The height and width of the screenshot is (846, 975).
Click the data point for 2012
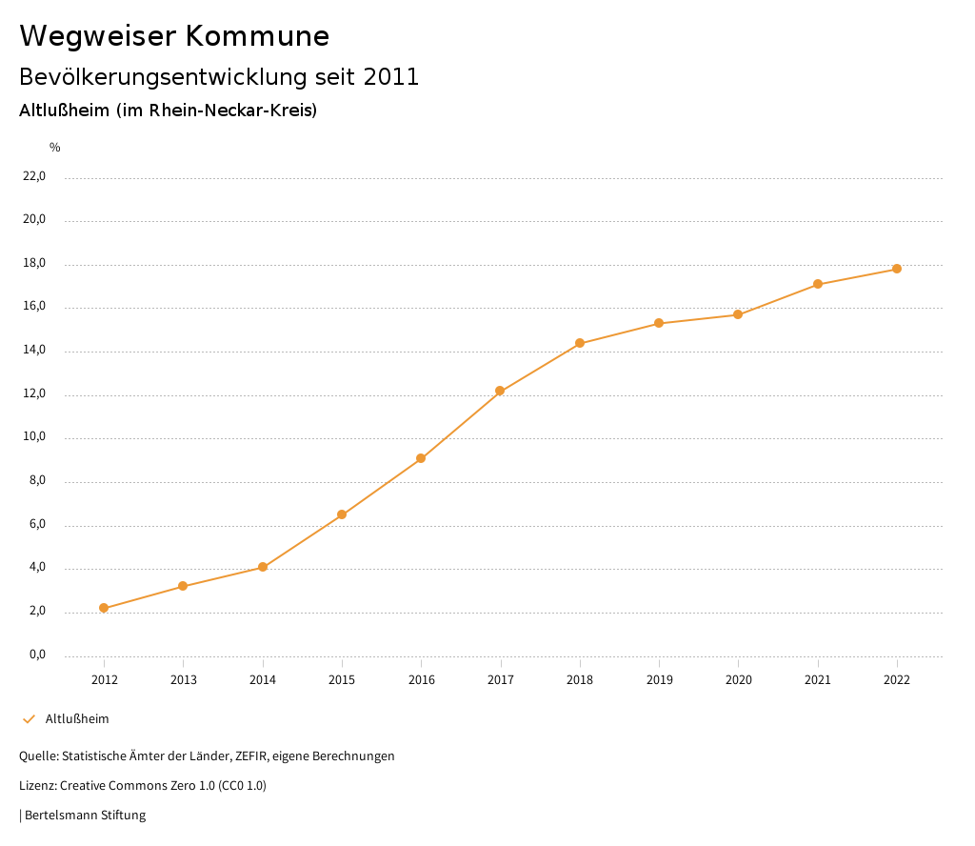pos(104,608)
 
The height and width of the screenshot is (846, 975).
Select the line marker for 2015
pos(342,514)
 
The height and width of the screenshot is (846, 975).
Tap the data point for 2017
pos(500,391)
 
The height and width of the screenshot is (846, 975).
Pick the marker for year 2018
pos(580,343)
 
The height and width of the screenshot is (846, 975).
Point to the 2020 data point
pos(738,314)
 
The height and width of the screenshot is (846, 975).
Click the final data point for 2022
pos(897,269)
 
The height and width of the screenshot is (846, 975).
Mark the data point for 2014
pos(263,567)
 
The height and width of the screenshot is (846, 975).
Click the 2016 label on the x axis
pos(421,679)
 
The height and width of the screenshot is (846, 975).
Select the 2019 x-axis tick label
pos(659,679)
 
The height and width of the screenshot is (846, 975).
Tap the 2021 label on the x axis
pos(818,679)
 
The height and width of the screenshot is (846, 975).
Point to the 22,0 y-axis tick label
pos(34,176)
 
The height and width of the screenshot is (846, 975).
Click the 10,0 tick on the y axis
pos(34,438)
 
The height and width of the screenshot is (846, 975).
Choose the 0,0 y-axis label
pos(37,655)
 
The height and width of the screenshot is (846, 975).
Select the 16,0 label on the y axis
pos(34,308)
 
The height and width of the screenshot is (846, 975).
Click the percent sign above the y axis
pos(55,147)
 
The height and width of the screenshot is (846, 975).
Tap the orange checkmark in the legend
pos(29,718)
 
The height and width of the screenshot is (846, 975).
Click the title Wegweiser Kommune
pos(174,36)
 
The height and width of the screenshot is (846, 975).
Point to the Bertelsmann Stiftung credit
pos(85,816)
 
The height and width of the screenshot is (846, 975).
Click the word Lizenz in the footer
pos(37,786)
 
